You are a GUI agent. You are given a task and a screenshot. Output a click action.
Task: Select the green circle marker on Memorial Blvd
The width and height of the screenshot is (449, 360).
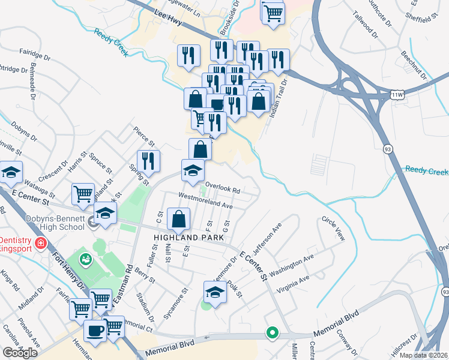(272, 332)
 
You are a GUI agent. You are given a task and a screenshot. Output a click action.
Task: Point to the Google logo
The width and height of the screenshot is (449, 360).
(20, 353)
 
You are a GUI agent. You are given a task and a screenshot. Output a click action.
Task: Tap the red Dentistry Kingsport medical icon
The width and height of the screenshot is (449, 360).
(40, 244)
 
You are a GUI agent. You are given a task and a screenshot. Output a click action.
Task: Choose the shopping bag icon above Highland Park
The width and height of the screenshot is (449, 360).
(179, 220)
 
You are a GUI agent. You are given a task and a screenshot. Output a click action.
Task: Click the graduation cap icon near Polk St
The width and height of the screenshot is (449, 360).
(214, 293)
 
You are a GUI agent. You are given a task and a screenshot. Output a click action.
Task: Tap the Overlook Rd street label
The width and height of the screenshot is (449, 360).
(223, 187)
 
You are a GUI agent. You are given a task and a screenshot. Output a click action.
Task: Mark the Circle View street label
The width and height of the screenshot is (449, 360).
(333, 229)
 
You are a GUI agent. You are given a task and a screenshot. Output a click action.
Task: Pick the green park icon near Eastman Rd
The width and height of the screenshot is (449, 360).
(86, 259)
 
